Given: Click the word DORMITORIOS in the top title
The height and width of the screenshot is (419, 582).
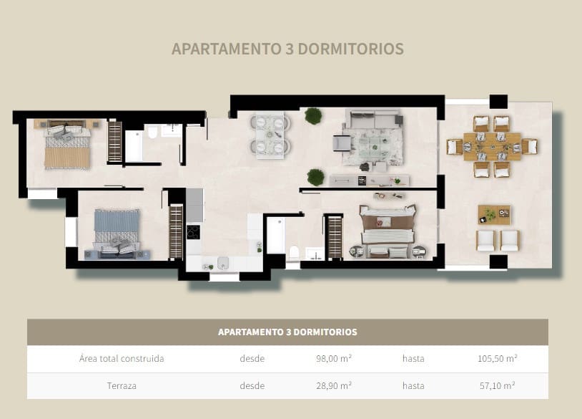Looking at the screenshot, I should tap(350, 49).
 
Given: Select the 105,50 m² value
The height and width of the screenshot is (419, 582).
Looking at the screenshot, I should tap(497, 359).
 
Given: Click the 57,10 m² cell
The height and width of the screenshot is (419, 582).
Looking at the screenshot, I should tap(497, 385).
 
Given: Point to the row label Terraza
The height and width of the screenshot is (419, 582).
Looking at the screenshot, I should tap(118, 385).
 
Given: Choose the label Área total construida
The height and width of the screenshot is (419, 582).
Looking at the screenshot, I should tap(122, 359).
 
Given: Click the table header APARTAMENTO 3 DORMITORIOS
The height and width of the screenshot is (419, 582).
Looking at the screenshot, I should tap(287, 332).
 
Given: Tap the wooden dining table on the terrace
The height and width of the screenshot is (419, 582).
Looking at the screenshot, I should tap(492, 147).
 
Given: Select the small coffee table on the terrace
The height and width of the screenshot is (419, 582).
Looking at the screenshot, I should tap(494, 214).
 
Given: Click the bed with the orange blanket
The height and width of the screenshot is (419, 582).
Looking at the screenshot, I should tap(67, 147).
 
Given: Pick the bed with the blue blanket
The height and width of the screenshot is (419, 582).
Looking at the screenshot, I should tap(112, 231).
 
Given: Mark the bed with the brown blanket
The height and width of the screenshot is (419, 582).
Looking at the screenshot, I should tap(388, 231).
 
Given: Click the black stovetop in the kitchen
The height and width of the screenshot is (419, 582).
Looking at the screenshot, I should tap(193, 232).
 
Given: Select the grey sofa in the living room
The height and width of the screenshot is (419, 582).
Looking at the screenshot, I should tap(373, 119).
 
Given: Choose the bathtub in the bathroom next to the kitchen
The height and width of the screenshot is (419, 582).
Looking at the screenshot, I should tap(276, 236).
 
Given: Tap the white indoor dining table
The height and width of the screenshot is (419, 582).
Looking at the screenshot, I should tap(270, 134).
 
